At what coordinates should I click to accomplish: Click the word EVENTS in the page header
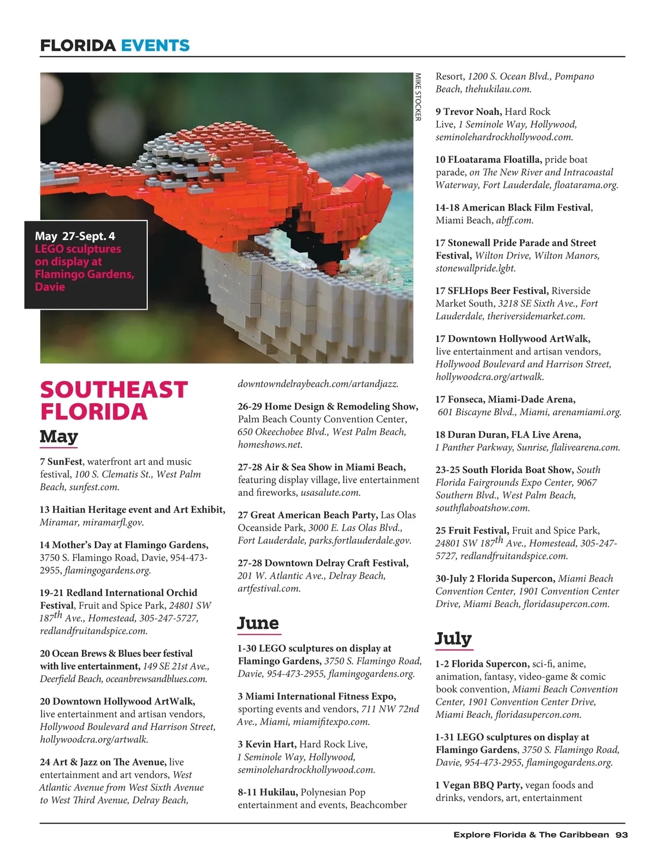tap(155, 45)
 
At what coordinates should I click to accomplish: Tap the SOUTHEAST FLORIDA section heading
tap(114, 400)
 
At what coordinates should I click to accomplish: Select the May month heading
tap(59, 436)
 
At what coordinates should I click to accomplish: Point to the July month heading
tap(453, 638)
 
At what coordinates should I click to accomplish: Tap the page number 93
tap(621, 835)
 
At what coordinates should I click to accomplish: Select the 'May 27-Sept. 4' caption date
tap(75, 237)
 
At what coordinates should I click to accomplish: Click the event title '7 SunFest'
tap(62, 461)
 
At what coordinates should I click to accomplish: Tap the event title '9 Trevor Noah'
tap(468, 111)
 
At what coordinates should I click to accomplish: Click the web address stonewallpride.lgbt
tap(475, 268)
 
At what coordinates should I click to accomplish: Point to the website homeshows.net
tap(270, 444)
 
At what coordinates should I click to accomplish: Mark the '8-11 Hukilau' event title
tap(267, 792)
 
